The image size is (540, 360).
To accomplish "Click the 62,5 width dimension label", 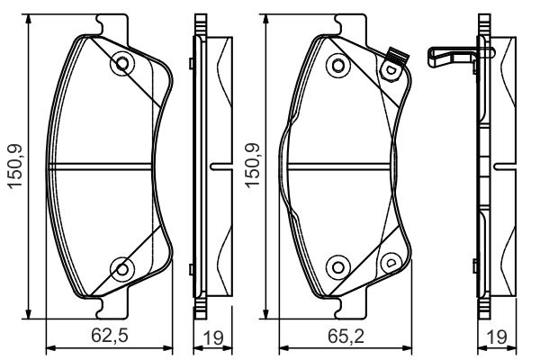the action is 110,336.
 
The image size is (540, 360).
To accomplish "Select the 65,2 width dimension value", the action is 346,336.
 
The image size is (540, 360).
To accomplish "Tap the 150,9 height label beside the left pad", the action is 15,166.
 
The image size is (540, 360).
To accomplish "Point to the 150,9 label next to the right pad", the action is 252,165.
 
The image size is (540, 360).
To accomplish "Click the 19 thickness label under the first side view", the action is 212,338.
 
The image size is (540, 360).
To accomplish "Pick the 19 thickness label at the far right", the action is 497,338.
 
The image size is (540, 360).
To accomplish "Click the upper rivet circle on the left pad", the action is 122,63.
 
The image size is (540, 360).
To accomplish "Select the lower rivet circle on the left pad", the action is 122,269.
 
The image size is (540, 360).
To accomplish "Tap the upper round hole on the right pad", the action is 338,65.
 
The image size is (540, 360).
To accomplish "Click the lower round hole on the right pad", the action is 338,267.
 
